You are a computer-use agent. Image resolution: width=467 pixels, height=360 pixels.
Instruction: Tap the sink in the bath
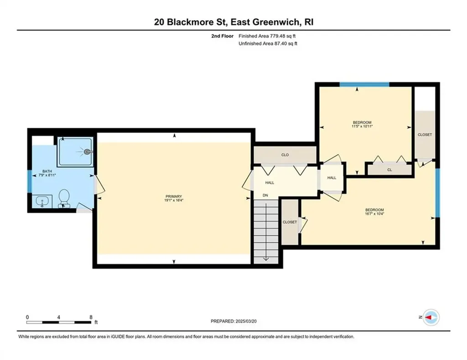coord(43,201)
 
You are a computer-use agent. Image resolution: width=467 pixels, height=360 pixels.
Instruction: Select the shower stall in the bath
coord(75,151)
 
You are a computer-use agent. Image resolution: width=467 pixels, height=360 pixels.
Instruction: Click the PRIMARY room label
coord(174,196)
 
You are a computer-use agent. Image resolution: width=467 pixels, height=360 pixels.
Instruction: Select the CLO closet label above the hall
coord(285,155)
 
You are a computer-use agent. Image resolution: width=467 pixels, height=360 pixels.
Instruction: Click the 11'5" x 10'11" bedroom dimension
coord(366,126)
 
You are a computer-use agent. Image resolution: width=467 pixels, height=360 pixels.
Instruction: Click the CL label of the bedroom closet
coord(389,169)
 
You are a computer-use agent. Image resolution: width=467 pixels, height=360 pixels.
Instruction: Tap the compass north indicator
coord(431,317)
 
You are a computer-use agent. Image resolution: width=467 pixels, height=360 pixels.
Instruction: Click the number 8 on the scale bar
coord(91,317)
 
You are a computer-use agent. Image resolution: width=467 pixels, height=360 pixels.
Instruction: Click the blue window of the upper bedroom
coord(364,84)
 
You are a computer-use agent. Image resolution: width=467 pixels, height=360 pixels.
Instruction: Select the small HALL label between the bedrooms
coord(332,178)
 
